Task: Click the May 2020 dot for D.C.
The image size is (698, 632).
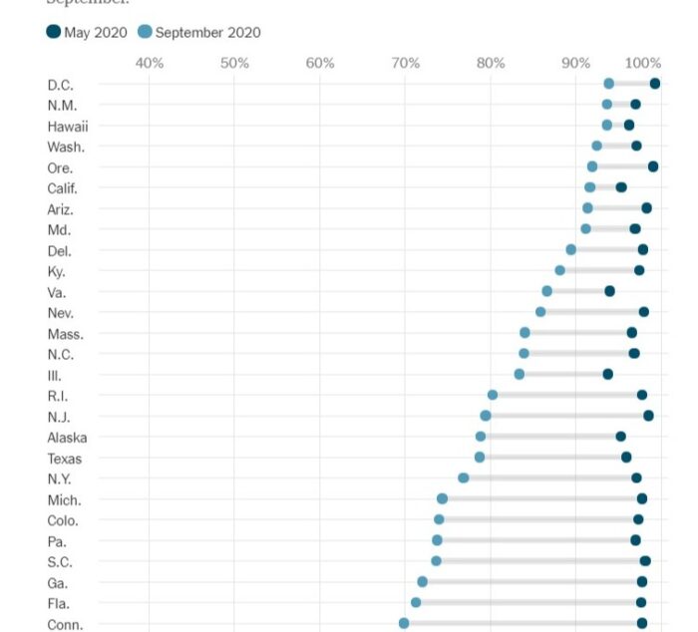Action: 655,84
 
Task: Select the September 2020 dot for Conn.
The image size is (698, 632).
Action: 404,623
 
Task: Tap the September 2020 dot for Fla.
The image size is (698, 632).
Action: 416,602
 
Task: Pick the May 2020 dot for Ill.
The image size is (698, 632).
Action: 608,374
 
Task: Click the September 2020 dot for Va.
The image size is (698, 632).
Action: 546,291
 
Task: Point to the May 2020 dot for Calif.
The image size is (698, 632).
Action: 621,187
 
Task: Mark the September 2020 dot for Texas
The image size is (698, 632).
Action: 480,458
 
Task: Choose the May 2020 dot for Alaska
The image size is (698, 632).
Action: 620,437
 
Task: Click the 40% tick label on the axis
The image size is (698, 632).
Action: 150,64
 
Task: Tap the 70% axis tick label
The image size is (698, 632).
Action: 406,64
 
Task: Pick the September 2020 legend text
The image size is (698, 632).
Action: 207,33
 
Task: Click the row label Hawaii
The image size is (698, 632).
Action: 68,126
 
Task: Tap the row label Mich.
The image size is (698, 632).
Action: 64,499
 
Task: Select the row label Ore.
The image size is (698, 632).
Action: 60,167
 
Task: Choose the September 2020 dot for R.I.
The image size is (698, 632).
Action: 493,395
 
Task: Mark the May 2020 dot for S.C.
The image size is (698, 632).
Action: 645,561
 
